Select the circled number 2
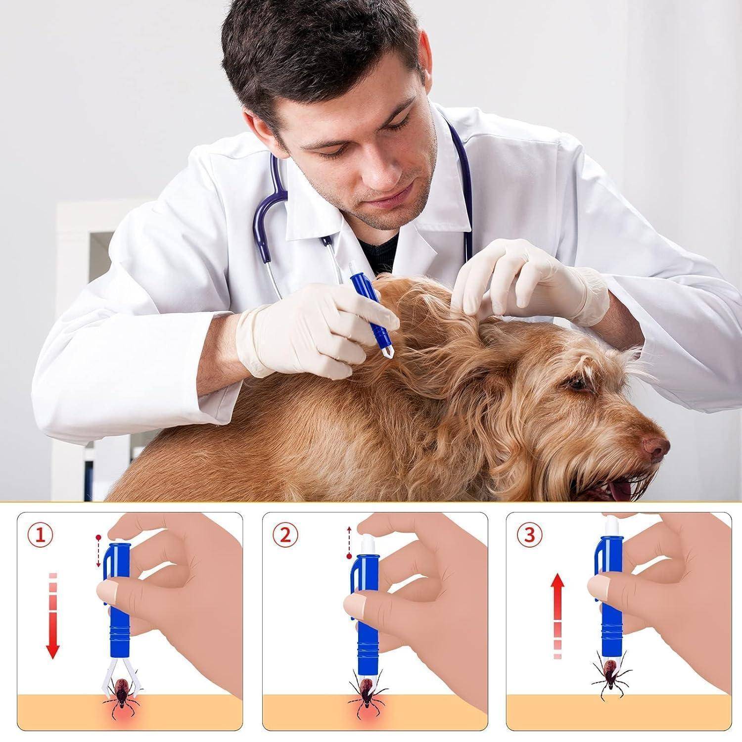285,536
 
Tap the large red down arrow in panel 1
53,616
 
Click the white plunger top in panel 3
610,525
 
